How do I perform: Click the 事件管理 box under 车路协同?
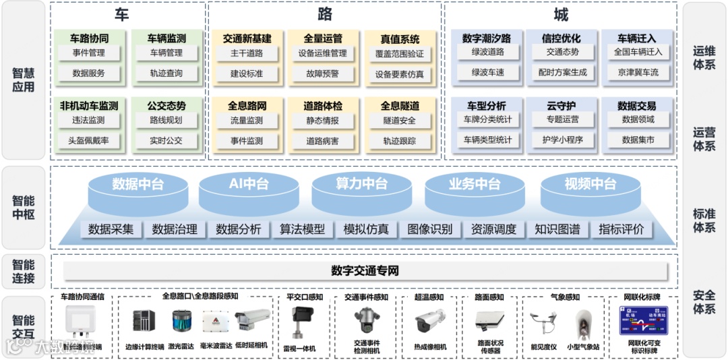[x=88, y=53]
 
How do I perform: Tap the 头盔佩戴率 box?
[x=88, y=141]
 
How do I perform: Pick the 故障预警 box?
[x=322, y=73]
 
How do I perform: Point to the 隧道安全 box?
[x=399, y=121]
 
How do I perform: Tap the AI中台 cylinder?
[x=249, y=184]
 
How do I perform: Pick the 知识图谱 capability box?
[x=557, y=229]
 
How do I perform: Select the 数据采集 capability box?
[x=111, y=229]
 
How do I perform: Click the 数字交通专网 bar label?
[x=365, y=271]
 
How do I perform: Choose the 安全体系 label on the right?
[x=704, y=302]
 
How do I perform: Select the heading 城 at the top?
[x=560, y=15]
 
